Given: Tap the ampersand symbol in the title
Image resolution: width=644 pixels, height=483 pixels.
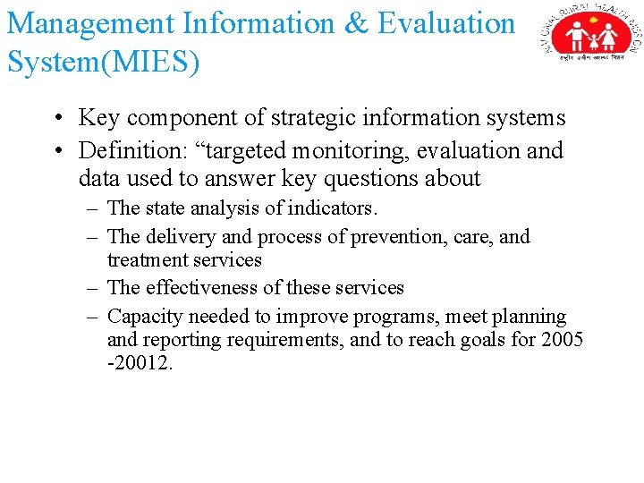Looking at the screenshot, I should point(355,23).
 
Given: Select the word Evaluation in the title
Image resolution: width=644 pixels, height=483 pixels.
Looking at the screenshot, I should point(447,23).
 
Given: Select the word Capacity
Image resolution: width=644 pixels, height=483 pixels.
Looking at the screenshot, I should point(141,317).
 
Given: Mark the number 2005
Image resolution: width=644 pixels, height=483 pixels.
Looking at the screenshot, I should point(561,340).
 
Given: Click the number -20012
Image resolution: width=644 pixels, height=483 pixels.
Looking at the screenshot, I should point(139,364).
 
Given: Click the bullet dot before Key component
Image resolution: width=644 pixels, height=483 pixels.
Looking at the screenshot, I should point(56,119).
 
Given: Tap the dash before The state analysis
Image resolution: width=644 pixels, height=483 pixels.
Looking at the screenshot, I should point(93,208).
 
